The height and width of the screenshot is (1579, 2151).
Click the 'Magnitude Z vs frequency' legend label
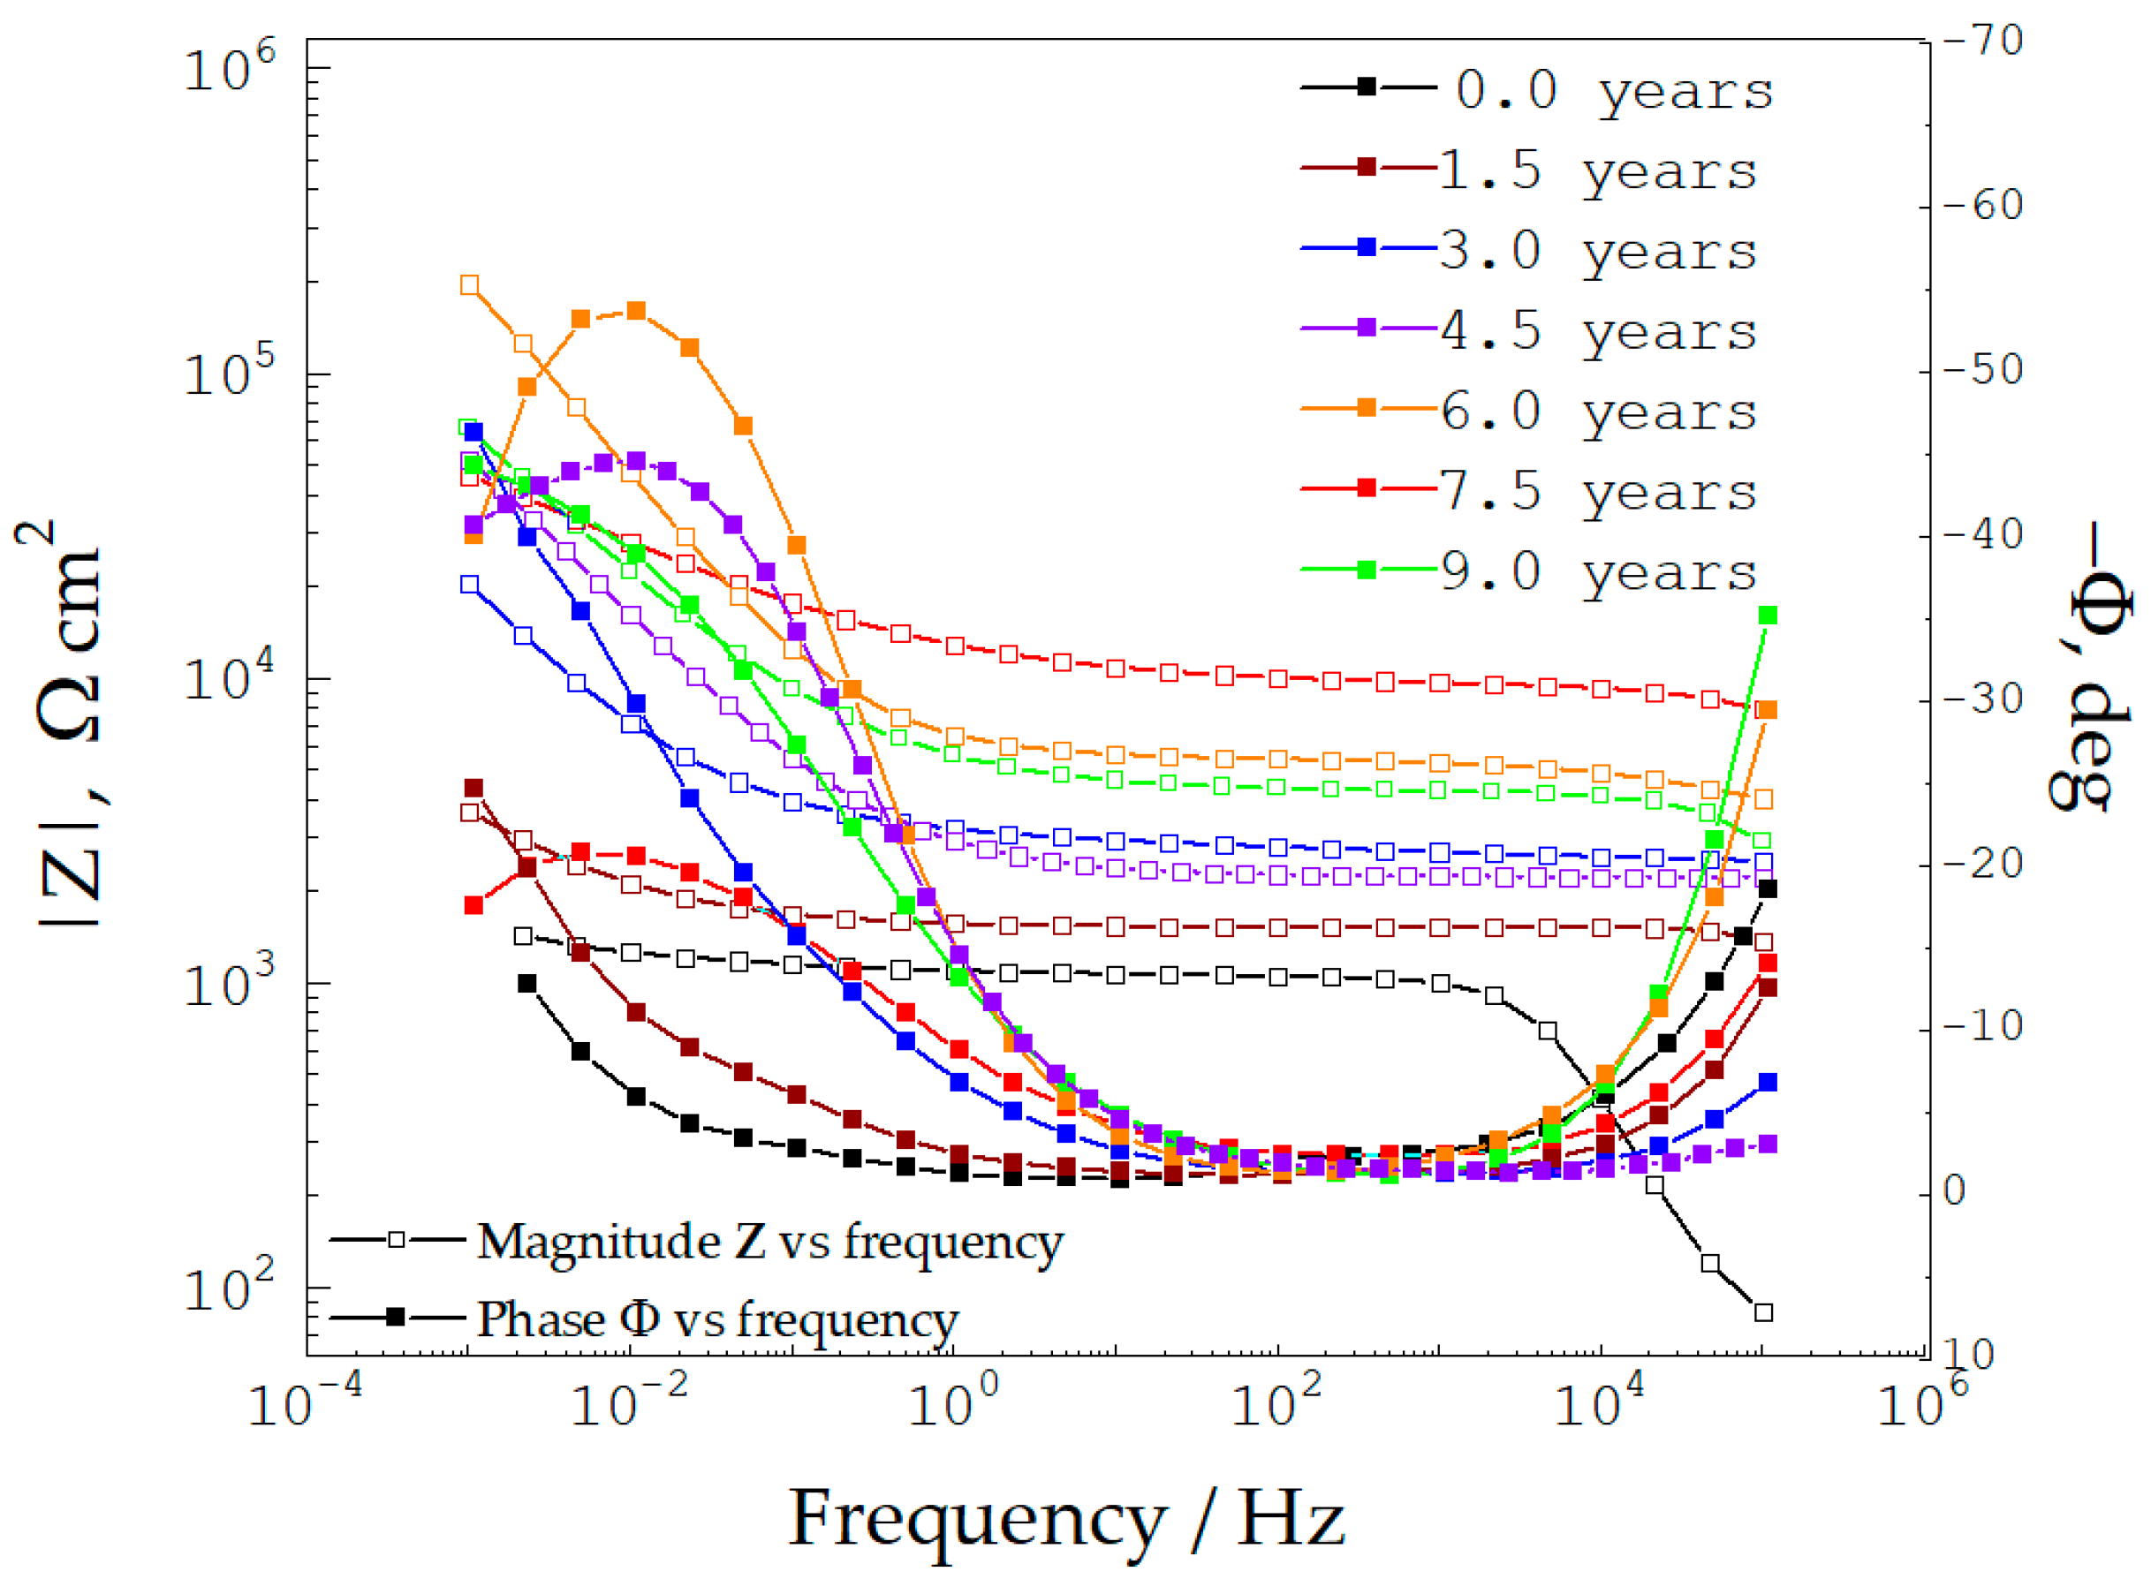click(x=769, y=1243)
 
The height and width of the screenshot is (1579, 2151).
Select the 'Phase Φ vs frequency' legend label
click(x=717, y=1320)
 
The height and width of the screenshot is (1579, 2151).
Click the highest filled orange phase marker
click(x=636, y=311)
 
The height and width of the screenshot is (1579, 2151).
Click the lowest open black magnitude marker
click(x=1764, y=1313)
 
